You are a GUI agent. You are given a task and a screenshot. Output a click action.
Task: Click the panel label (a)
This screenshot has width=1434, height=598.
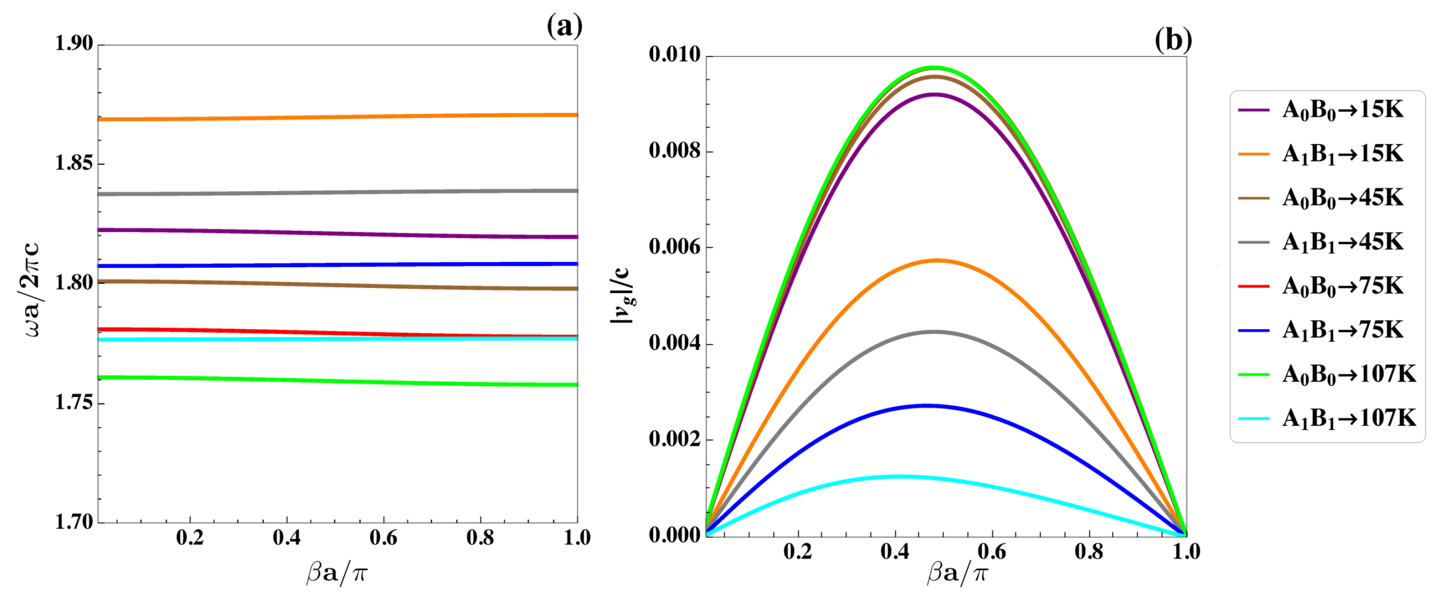pyautogui.click(x=564, y=26)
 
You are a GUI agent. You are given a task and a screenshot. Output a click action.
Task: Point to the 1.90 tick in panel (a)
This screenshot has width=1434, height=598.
pyautogui.click(x=74, y=44)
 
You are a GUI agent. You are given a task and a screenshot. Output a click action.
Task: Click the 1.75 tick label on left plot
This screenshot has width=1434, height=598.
pyautogui.click(x=74, y=402)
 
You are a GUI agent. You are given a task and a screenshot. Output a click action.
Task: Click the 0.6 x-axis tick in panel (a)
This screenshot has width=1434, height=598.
pyautogui.click(x=383, y=537)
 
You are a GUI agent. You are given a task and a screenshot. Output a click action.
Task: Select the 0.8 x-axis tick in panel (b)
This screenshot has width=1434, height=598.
pyautogui.click(x=1088, y=551)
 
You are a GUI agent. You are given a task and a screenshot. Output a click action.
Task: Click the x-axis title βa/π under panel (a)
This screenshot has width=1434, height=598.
pyautogui.click(x=336, y=573)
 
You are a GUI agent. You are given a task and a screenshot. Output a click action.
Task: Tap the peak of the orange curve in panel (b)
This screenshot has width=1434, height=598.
pyautogui.click(x=938, y=260)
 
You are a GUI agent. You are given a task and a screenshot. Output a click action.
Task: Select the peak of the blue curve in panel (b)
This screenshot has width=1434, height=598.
pyautogui.click(x=927, y=405)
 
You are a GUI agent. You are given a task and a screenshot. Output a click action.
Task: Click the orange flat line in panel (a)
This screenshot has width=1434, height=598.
pyautogui.click(x=334, y=117)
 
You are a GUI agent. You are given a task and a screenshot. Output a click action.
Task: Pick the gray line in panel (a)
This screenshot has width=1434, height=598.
pyautogui.click(x=334, y=193)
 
